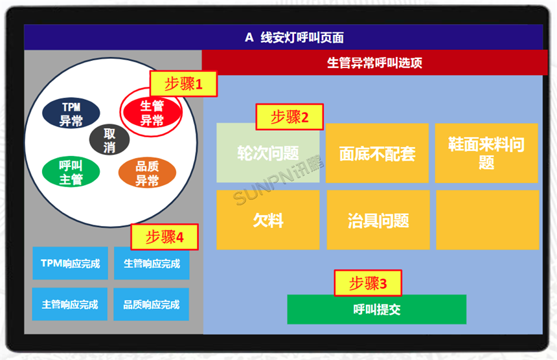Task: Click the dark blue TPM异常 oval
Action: [71, 113]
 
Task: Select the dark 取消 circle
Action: [109, 140]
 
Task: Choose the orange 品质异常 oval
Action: [147, 173]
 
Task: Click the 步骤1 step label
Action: [183, 84]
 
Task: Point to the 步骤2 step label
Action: [290, 117]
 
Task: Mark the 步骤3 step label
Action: [368, 283]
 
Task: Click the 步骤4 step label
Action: [165, 237]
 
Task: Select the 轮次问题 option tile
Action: [267, 153]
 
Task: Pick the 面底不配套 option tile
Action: [377, 153]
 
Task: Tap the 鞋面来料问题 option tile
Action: [486, 153]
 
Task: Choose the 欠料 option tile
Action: [267, 220]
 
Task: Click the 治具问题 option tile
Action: [377, 220]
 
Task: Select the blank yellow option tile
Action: [487, 220]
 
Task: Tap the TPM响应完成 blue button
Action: [71, 264]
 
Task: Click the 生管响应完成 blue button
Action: [152, 264]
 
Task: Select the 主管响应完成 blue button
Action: [71, 304]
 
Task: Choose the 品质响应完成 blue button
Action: [152, 304]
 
